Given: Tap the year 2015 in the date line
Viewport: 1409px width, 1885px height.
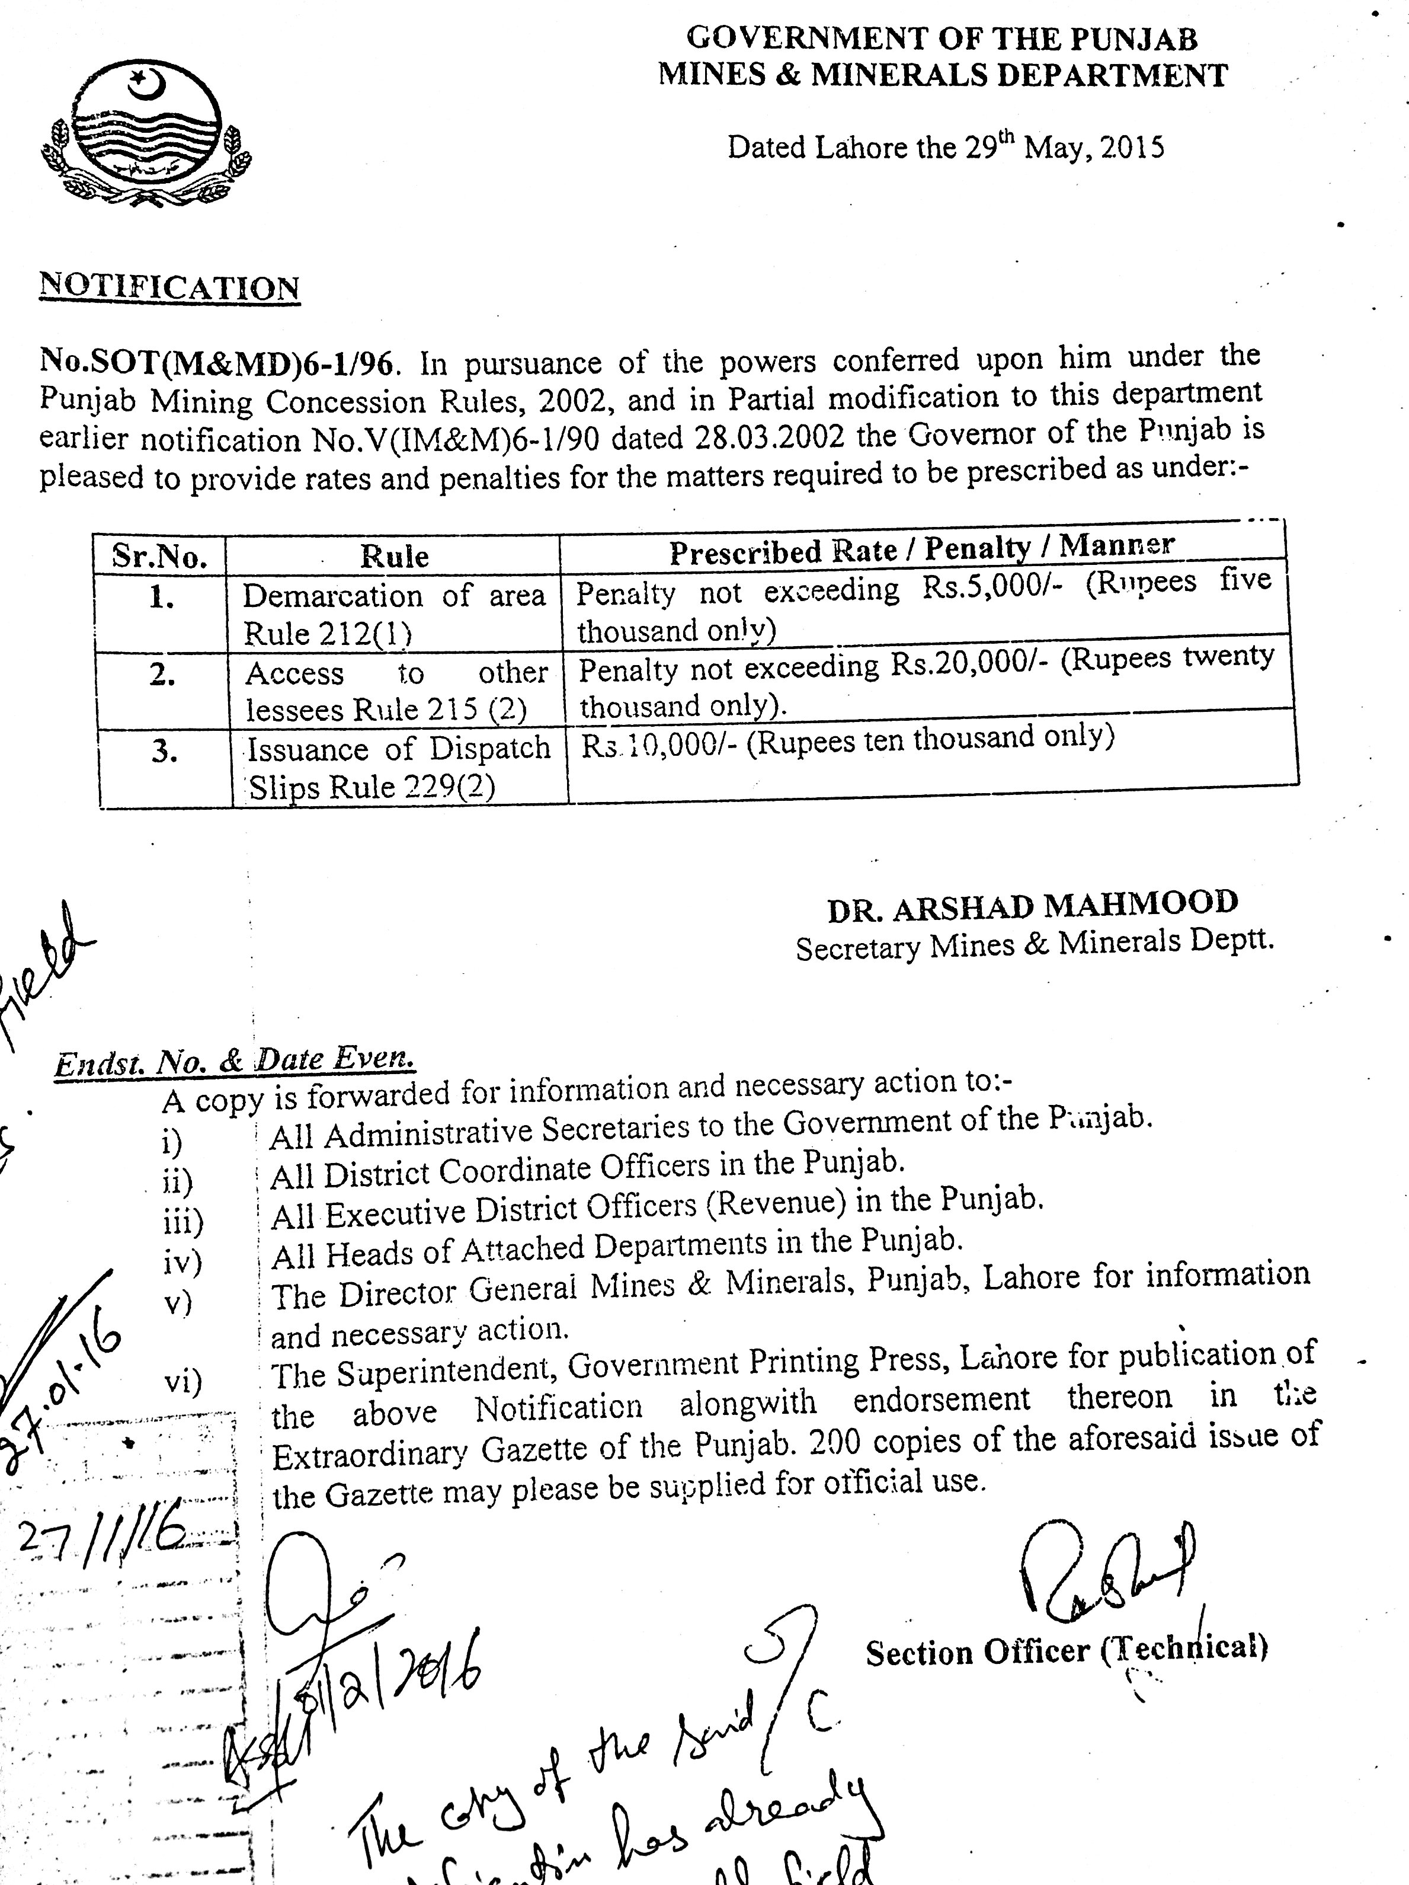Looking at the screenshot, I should tap(1131, 148).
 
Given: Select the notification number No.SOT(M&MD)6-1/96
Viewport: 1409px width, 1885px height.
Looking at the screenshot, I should tap(217, 364).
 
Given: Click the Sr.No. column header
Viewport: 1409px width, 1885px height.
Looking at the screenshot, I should tap(159, 557).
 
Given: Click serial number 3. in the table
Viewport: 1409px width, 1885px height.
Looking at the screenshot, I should tap(164, 752).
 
